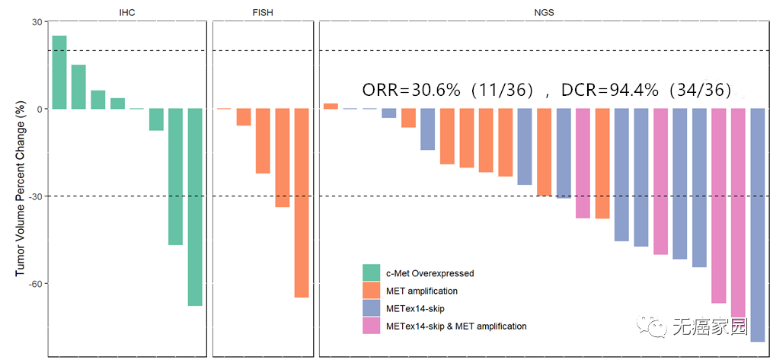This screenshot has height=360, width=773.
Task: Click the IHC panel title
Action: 128,14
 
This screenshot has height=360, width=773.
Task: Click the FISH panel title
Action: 264,14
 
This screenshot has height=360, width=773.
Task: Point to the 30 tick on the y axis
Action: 36,22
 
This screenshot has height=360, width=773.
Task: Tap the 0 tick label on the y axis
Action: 38,109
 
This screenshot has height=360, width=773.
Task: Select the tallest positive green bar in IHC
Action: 59,72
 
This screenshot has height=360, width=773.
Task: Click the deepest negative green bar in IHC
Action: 195,207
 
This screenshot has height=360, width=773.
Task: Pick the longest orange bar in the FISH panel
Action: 302,202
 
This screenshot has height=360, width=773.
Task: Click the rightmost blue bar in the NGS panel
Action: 758,225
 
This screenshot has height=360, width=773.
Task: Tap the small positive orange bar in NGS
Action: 331,106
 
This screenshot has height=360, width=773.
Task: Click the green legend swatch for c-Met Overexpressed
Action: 371,272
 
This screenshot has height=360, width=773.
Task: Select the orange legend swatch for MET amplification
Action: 371,291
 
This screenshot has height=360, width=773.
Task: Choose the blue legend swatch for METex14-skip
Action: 371,308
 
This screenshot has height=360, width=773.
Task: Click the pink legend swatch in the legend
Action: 371,326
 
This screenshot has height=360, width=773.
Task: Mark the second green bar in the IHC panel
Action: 78,87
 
